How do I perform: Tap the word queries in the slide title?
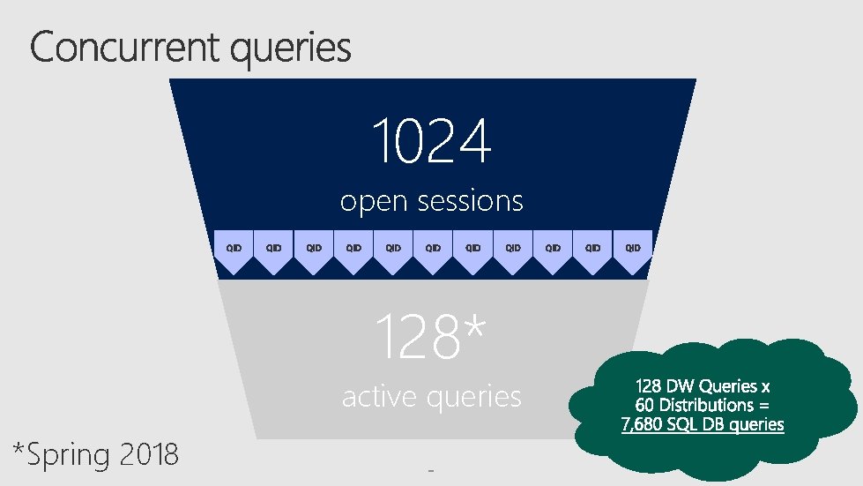pyautogui.click(x=290, y=49)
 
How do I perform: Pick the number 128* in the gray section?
pyautogui.click(x=430, y=337)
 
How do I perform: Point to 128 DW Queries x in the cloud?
pyautogui.click(x=702, y=385)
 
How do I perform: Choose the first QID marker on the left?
pyautogui.click(x=234, y=249)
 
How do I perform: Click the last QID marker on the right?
pyautogui.click(x=632, y=249)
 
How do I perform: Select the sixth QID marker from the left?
pyautogui.click(x=433, y=249)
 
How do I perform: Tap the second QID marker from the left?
pyautogui.click(x=273, y=249)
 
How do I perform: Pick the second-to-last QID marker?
pyautogui.click(x=592, y=249)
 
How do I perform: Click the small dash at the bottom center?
pyautogui.click(x=431, y=471)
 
